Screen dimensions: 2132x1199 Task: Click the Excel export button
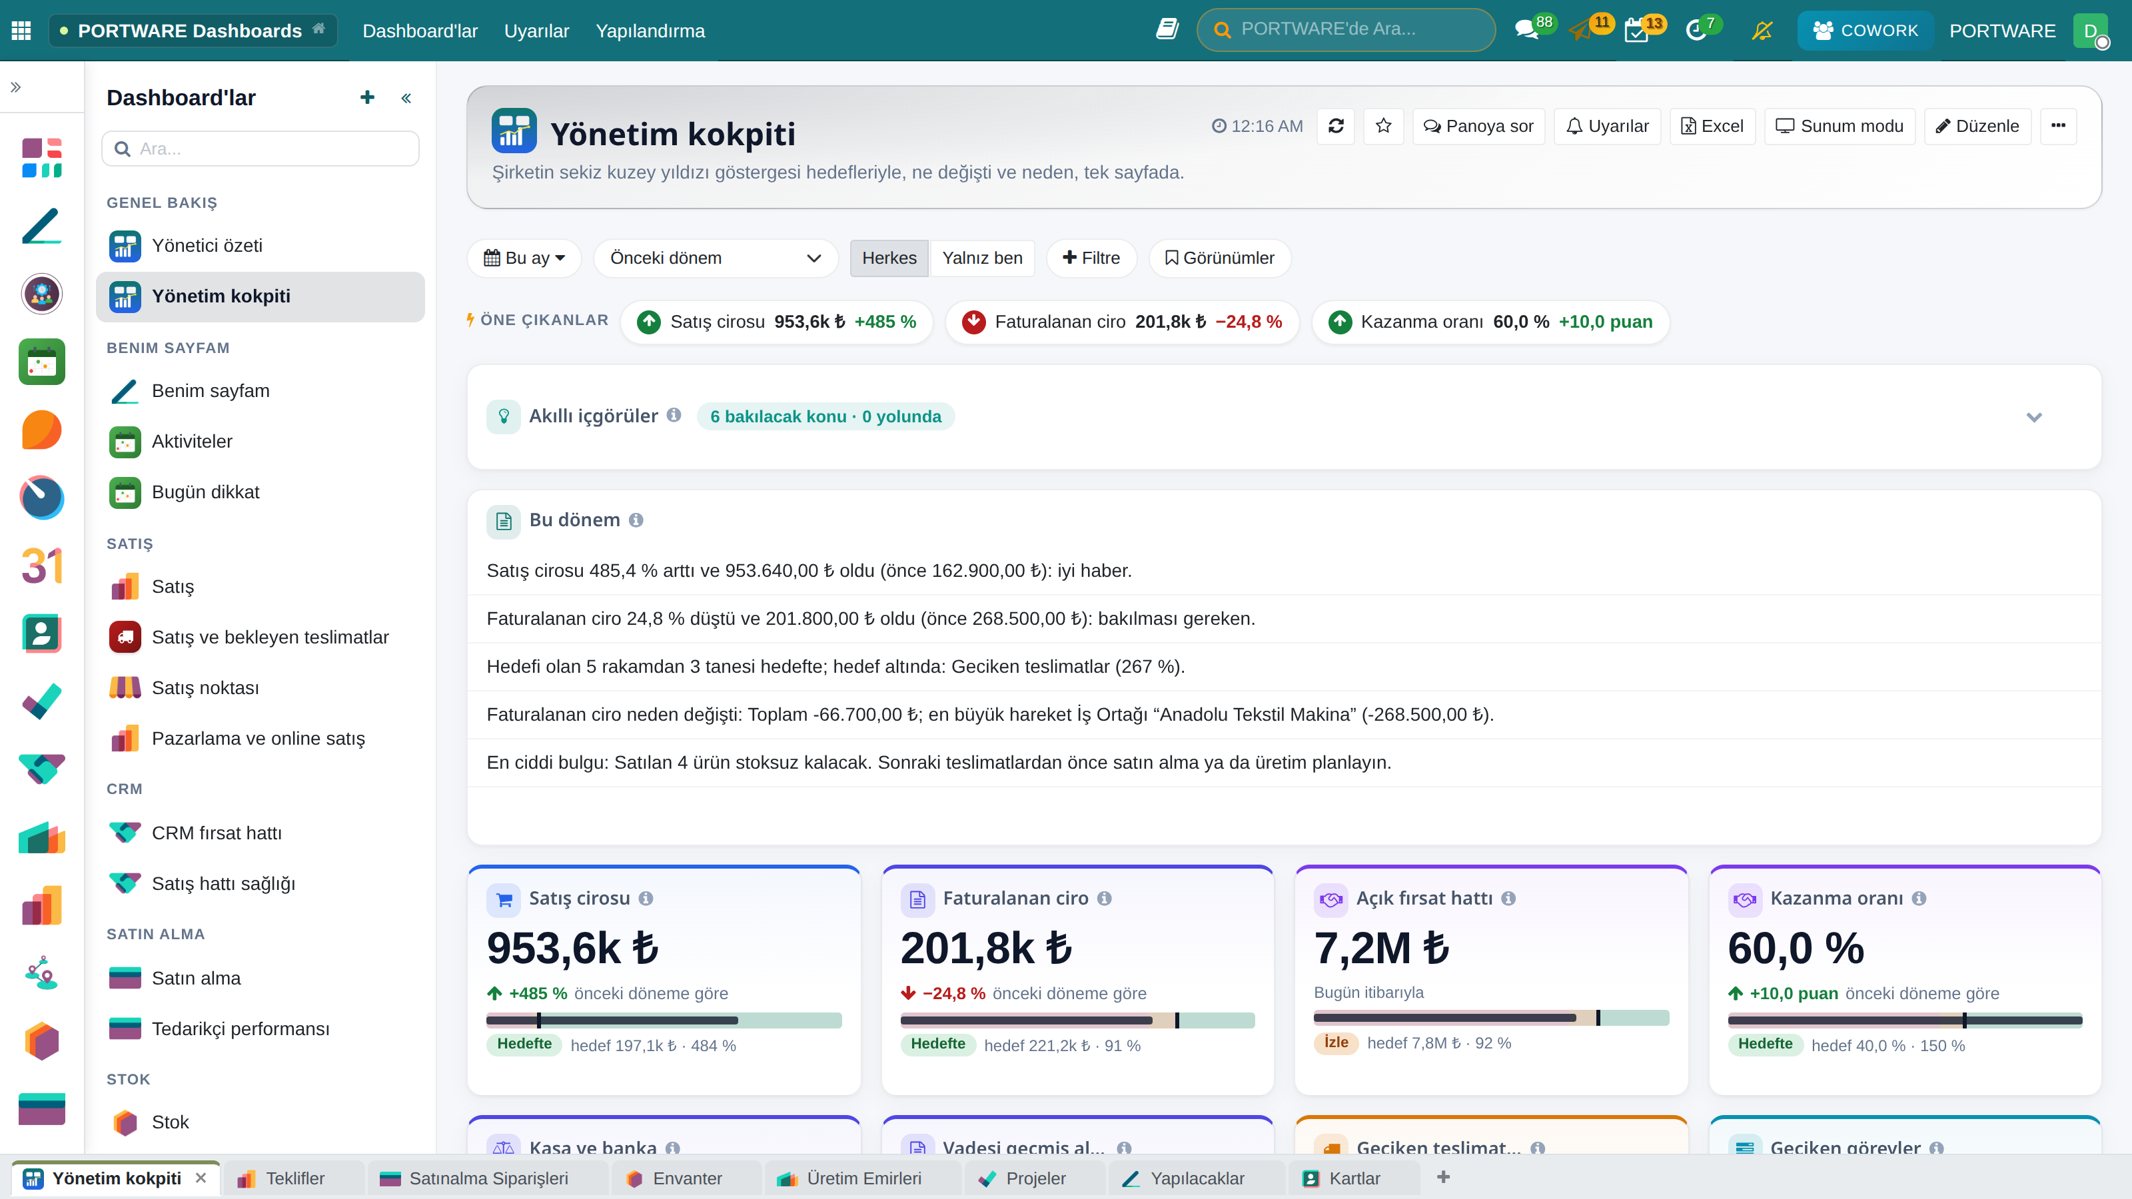1712,127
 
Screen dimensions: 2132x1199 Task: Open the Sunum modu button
1839,127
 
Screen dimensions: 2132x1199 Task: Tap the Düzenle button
1977,127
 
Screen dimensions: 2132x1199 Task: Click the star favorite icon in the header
1383,127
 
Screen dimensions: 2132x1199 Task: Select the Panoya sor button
1478,127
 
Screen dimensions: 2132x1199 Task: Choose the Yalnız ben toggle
983,258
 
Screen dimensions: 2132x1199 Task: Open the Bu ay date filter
524,258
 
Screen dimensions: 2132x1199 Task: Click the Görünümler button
1219,258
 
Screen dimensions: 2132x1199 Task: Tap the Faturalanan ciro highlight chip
1121,322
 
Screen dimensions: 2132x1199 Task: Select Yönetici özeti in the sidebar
207,246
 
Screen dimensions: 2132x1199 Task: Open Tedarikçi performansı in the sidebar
240,1028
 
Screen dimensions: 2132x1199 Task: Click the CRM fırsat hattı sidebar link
216,833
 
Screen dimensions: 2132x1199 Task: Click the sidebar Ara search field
261,149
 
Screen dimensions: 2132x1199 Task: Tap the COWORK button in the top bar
1865,31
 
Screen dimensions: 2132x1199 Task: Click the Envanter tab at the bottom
686,1178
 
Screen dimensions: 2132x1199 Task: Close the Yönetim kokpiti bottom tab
201,1178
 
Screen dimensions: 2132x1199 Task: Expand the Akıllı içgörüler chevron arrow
2033,417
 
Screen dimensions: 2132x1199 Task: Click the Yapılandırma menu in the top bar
650,31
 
